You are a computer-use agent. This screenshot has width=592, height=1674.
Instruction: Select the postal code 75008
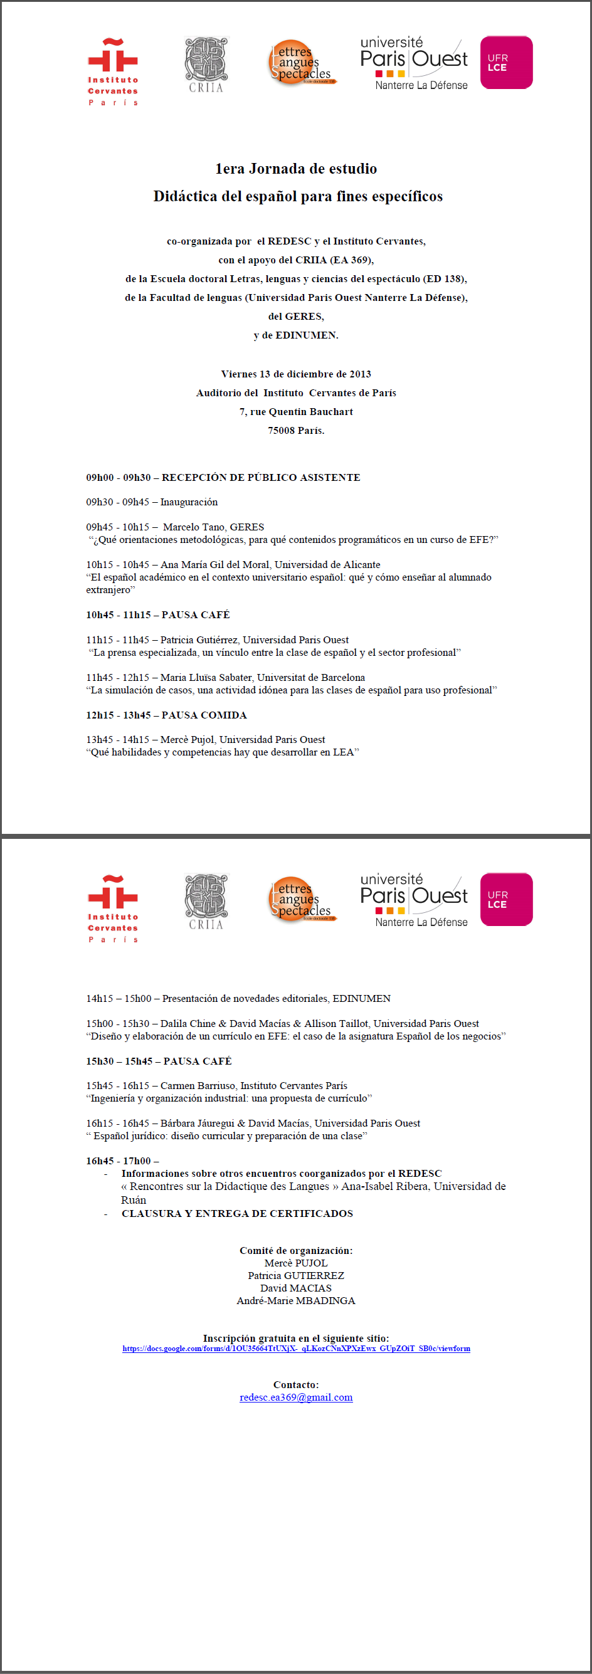[x=280, y=431]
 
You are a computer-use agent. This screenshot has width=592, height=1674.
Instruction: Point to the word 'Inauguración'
[x=189, y=502]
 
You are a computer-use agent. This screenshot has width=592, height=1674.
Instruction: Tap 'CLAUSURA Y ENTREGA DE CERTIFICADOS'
[x=237, y=1213]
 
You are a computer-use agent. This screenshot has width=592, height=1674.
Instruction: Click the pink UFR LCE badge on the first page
[x=506, y=63]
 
